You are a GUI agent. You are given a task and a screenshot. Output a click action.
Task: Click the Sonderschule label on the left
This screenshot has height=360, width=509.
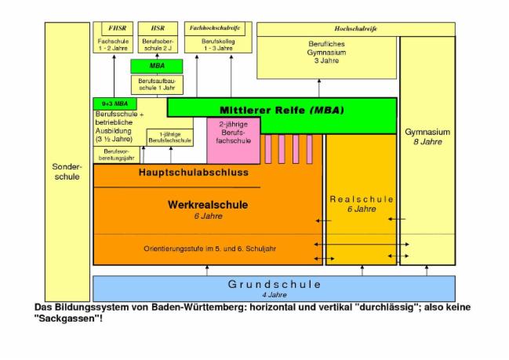66,172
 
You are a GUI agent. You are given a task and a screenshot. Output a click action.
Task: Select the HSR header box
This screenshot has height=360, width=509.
158,27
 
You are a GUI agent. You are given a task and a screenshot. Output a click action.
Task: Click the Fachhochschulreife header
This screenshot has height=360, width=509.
213,27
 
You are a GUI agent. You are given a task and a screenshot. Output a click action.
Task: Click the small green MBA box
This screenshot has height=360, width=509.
157,66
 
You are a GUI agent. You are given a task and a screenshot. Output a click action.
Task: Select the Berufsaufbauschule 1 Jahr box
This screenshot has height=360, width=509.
157,84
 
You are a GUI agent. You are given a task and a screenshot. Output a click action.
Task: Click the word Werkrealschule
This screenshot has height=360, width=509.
208,205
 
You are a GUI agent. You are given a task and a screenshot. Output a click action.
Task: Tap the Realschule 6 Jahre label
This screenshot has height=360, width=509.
362,204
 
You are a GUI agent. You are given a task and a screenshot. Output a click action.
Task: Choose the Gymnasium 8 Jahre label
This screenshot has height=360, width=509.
427,136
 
